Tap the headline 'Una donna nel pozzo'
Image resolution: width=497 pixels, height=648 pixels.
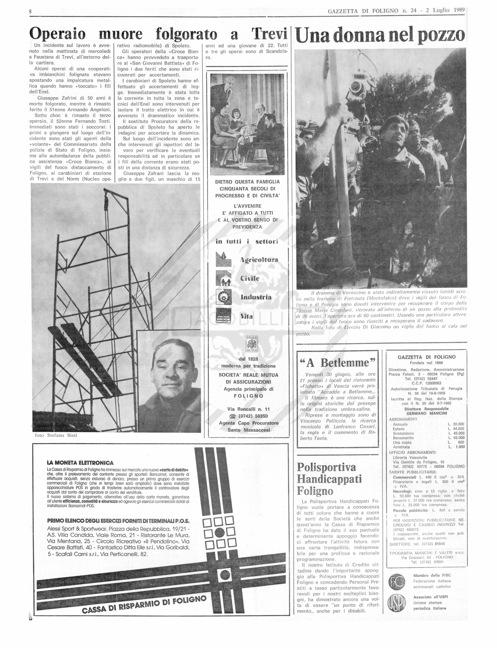pyautogui.click(x=380, y=36)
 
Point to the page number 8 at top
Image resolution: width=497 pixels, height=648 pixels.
pyautogui.click(x=30, y=11)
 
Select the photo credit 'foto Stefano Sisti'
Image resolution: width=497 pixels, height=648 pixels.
pyautogui.click(x=56, y=435)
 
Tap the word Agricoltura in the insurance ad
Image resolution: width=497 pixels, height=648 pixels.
pyautogui.click(x=259, y=260)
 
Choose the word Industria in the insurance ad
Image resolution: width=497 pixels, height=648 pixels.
pyautogui.click(x=256, y=297)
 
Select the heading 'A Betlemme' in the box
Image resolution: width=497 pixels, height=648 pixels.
pyautogui.click(x=338, y=363)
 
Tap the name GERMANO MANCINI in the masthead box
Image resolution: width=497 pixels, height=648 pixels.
pyautogui.click(x=427, y=413)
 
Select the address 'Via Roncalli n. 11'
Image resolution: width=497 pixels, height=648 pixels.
pyautogui.click(x=248, y=409)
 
